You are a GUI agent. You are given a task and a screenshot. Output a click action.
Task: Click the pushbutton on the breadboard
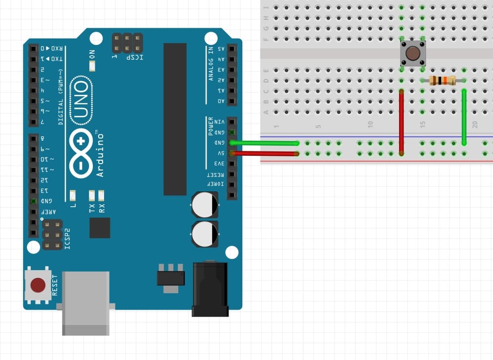pyautogui.click(x=413, y=53)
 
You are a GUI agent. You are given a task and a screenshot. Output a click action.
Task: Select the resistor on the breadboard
pyautogui.click(x=442, y=81)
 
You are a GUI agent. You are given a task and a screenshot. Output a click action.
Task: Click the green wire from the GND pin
pyautogui.click(x=264, y=143)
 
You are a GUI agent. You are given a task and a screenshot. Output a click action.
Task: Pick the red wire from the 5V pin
pyautogui.click(x=264, y=153)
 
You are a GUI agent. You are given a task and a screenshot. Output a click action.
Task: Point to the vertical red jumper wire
pyautogui.click(x=402, y=122)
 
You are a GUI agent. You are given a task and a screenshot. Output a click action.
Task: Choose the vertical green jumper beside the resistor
pyautogui.click(x=464, y=117)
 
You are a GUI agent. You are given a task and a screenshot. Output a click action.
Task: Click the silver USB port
pyautogui.click(x=86, y=303)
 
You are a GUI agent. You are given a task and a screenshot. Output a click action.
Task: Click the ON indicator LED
pyautogui.click(x=92, y=66)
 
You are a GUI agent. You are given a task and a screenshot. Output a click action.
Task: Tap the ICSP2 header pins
pyautogui.click(x=52, y=234)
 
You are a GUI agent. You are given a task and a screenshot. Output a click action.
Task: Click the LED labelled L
pyautogui.click(x=73, y=196)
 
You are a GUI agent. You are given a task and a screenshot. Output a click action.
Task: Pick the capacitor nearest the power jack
pyautogui.click(x=205, y=234)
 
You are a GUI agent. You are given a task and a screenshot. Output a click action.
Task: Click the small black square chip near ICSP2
pyautogui.click(x=100, y=228)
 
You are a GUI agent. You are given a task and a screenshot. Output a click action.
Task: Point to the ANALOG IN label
pyautogui.click(x=211, y=64)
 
